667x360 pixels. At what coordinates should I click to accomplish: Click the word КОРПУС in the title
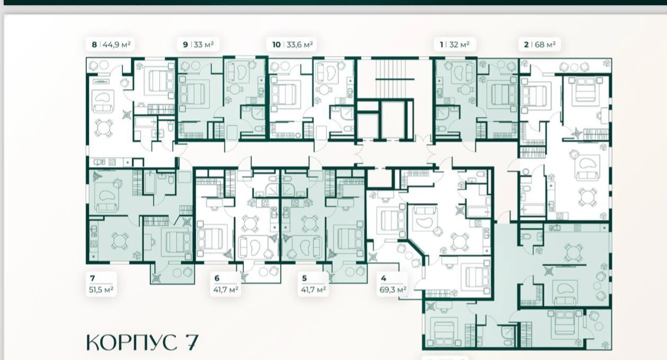click(131, 343)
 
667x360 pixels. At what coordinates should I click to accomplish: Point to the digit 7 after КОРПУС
click(191, 343)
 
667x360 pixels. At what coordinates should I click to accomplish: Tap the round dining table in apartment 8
click(104, 128)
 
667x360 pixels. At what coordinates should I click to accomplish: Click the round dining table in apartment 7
click(119, 241)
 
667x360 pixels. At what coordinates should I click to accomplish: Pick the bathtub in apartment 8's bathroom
click(146, 122)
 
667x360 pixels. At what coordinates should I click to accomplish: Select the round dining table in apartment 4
click(459, 241)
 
